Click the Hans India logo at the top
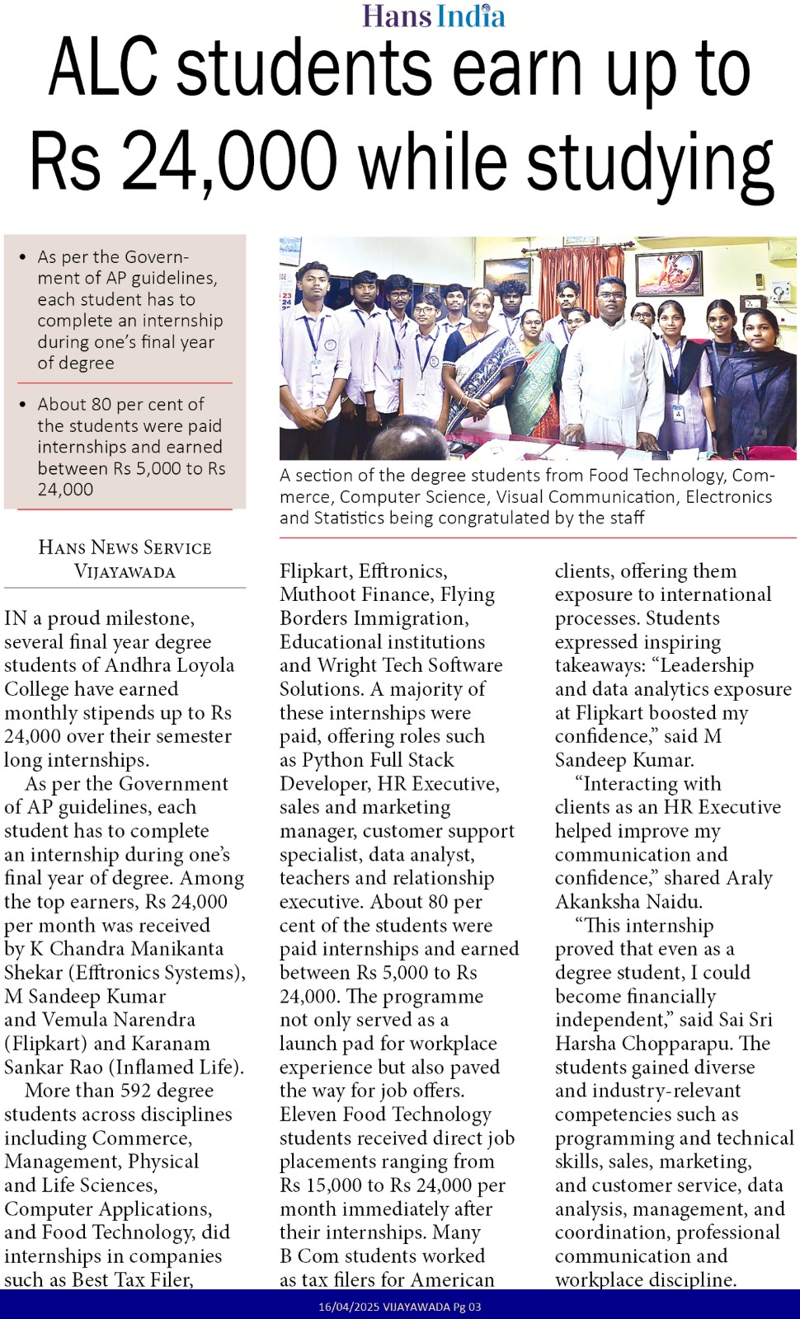434,16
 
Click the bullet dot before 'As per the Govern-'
22,258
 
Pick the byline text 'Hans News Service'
125,547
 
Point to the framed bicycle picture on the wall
668,274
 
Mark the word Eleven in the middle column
308,1115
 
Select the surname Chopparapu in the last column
678,1044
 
